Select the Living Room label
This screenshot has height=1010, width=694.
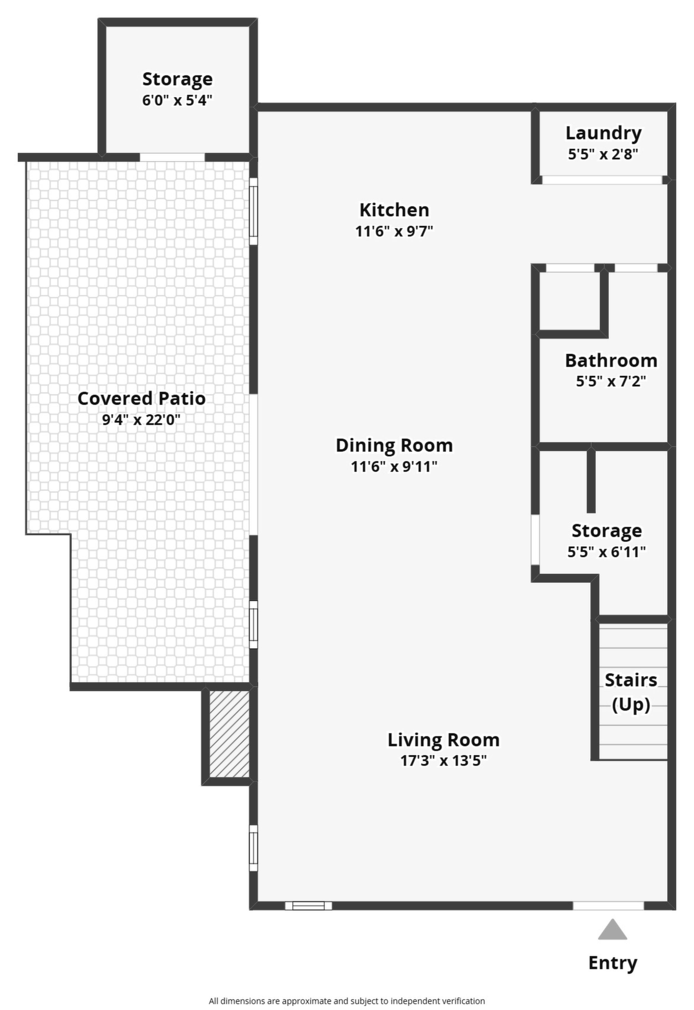(x=444, y=740)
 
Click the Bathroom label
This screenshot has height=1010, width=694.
(x=611, y=361)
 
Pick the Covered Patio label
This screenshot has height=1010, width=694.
(x=141, y=399)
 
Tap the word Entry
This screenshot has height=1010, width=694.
(x=613, y=963)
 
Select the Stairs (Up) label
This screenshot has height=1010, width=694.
(x=631, y=692)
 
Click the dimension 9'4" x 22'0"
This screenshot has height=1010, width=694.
(x=141, y=420)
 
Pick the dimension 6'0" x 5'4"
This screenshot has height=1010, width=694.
(x=177, y=101)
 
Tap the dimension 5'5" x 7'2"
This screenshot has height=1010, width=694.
(x=611, y=382)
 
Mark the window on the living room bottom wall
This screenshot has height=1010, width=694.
(x=308, y=906)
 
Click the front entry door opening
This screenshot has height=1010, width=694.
(x=608, y=906)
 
